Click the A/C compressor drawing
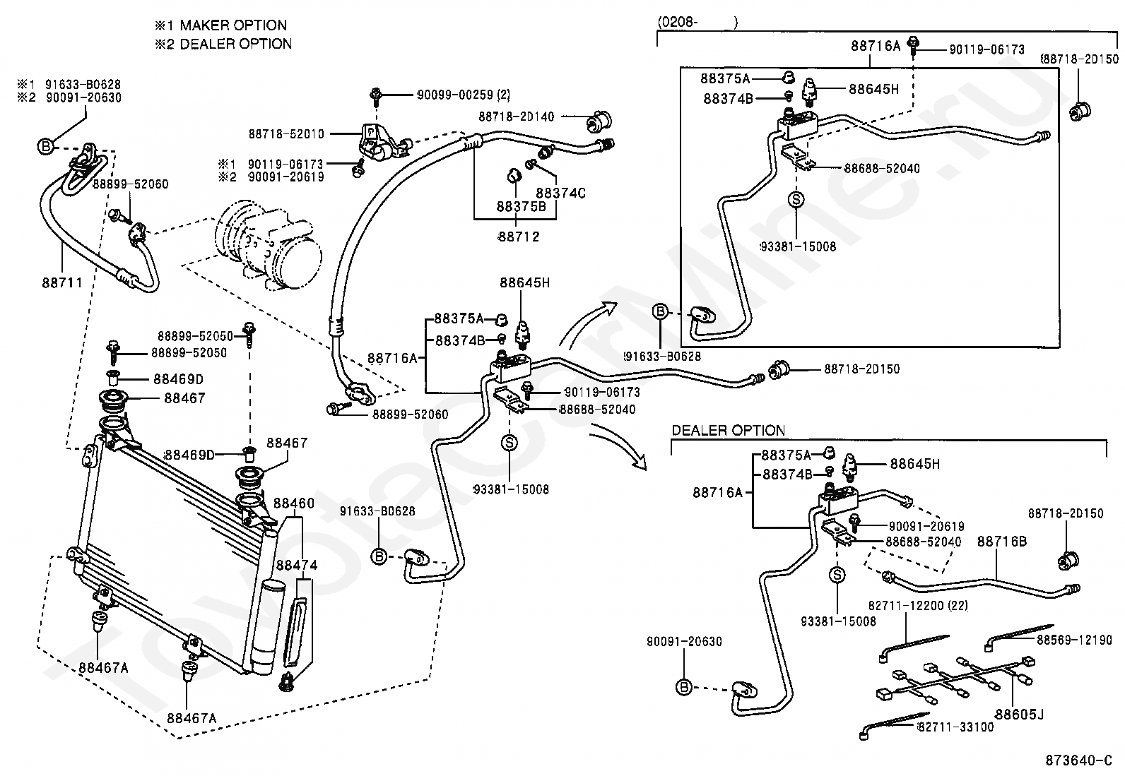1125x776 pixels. pos(272,244)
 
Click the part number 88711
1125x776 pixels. pos(61,282)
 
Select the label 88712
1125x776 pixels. pos(518,237)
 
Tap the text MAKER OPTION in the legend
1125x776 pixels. pos(233,25)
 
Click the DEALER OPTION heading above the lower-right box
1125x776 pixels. pos(728,430)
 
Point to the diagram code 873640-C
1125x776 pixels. pos(1082,760)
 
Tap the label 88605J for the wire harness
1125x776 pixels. pos(1018,715)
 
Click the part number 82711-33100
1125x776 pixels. pos(955,727)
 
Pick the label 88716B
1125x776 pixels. pos(1001,542)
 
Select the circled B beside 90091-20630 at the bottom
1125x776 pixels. pos(683,686)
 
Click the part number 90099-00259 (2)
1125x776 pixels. pos(464,94)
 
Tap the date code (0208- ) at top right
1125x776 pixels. pos(698,23)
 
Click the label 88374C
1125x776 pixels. pos(560,192)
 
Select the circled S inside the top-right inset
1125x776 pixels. pos(796,200)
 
